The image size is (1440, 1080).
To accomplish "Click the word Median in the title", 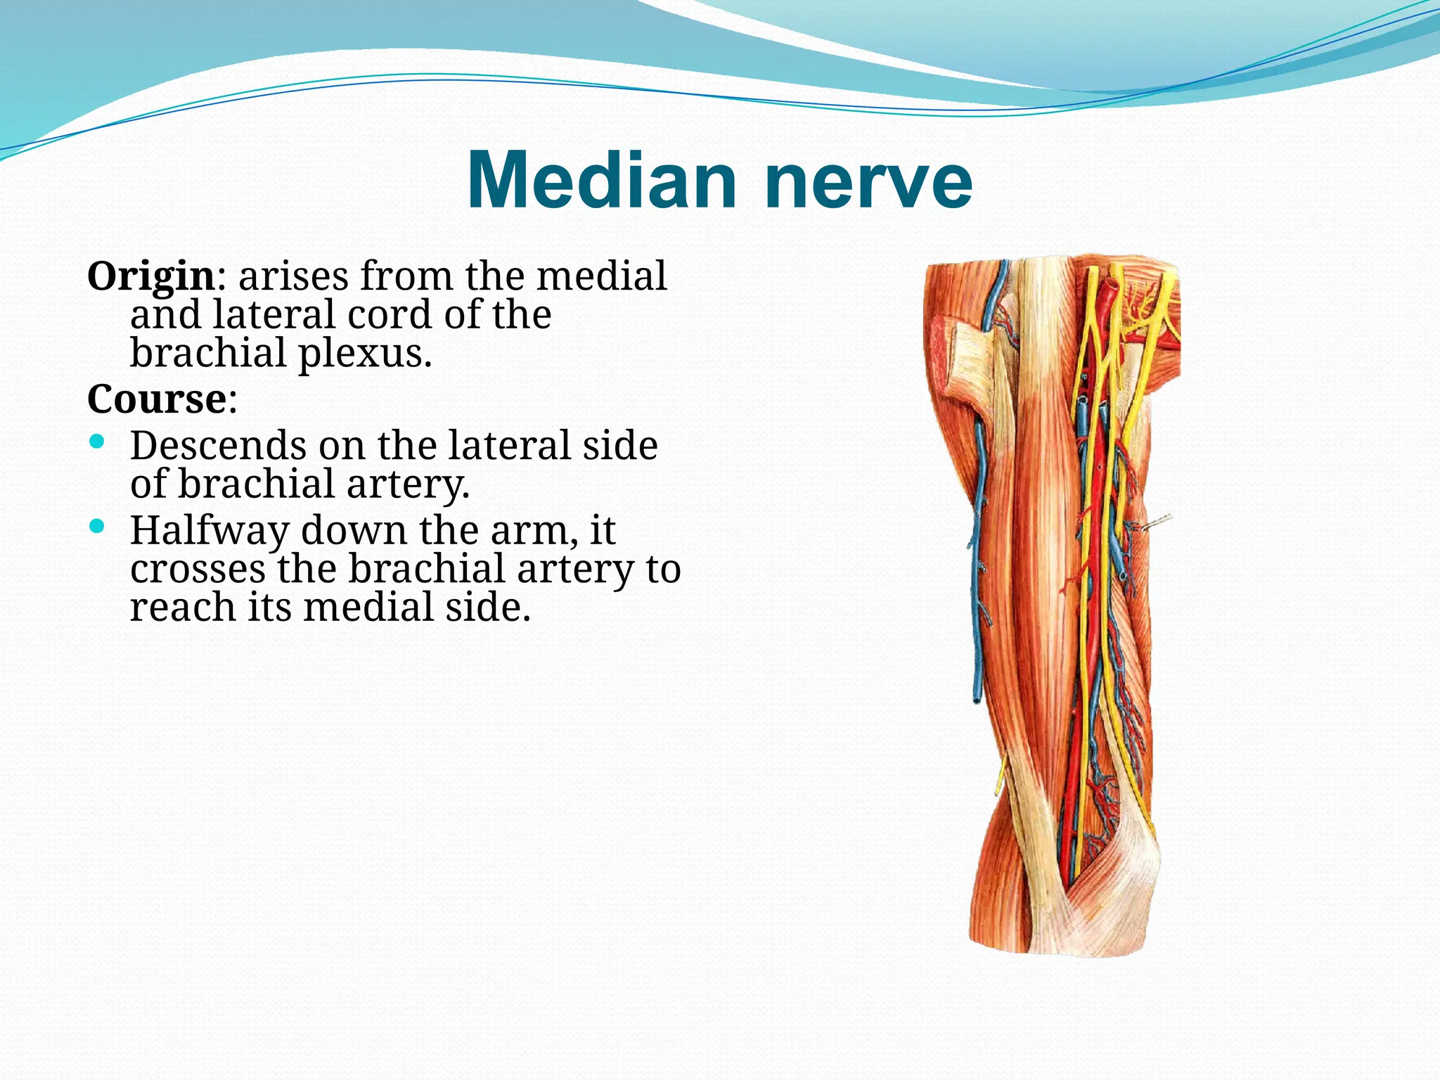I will tap(601, 181).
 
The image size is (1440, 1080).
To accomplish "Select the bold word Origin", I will tap(150, 276).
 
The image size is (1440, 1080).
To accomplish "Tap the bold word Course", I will tap(156, 399).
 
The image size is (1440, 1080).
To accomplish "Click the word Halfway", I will tap(209, 530).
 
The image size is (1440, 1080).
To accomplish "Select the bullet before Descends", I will tap(97, 442).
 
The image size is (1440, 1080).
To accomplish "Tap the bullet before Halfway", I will tap(97, 526).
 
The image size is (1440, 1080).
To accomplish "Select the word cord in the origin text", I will tap(390, 314).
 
